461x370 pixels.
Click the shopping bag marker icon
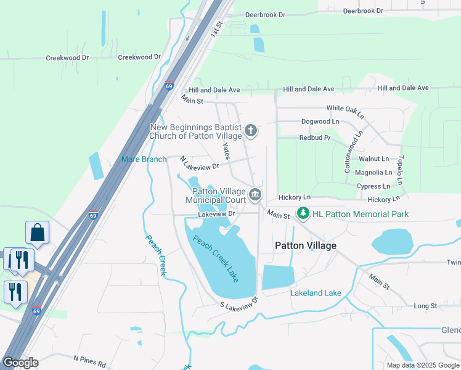[38, 232]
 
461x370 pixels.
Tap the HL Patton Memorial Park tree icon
[303, 213]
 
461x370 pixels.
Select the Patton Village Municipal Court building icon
[255, 195]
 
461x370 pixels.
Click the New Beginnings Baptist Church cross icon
[250, 130]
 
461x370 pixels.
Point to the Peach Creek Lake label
[215, 259]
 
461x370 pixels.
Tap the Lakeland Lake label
[316, 293]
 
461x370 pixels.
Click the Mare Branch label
[144, 159]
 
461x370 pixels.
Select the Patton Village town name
[305, 245]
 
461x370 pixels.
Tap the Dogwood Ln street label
[319, 121]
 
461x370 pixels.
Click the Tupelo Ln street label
[399, 170]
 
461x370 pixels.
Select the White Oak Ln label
[345, 111]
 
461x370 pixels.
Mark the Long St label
[425, 306]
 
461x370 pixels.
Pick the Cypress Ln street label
[373, 186]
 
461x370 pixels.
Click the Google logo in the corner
[20, 363]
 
